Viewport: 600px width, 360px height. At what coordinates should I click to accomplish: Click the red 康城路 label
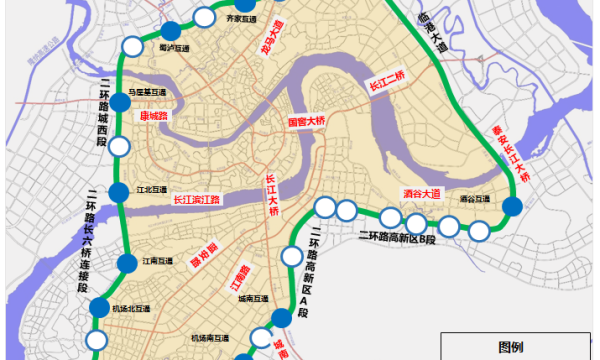(x=150, y=116)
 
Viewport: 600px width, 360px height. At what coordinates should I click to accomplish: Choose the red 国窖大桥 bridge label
(x=307, y=122)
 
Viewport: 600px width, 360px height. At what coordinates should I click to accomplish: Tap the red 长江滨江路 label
(x=196, y=199)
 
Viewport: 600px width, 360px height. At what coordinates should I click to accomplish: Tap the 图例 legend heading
(x=510, y=347)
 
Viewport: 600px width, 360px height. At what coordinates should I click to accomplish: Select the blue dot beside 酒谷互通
(x=512, y=207)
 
